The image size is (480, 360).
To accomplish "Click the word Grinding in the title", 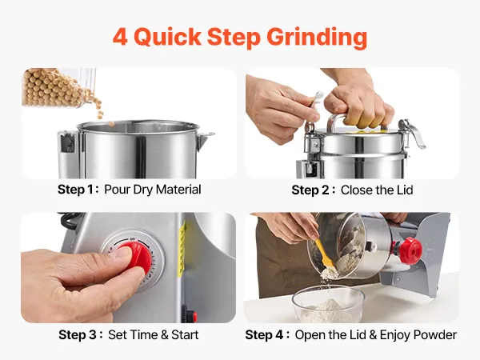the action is (x=317, y=38).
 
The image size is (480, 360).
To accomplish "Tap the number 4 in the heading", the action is (x=120, y=37).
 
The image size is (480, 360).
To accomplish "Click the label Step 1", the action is (x=76, y=190).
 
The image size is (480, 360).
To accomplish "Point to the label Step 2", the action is (x=310, y=190).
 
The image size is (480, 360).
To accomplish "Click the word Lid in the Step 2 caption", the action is (x=405, y=190).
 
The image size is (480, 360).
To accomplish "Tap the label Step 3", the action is (x=78, y=334).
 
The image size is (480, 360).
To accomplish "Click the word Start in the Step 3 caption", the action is (x=185, y=334).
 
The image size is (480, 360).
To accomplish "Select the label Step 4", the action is (x=264, y=335).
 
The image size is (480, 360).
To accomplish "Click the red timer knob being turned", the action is (x=135, y=257).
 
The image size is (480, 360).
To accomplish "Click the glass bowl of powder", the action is (x=328, y=304).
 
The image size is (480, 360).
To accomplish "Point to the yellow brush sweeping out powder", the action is (x=326, y=257).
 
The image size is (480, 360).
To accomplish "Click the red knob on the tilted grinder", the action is (x=410, y=250).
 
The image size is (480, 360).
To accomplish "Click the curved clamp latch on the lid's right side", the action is (x=414, y=132).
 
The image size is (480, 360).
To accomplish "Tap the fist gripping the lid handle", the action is (x=358, y=106).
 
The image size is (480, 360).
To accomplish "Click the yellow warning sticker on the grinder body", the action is (x=182, y=249).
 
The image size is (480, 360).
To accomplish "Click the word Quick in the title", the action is (x=168, y=38).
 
